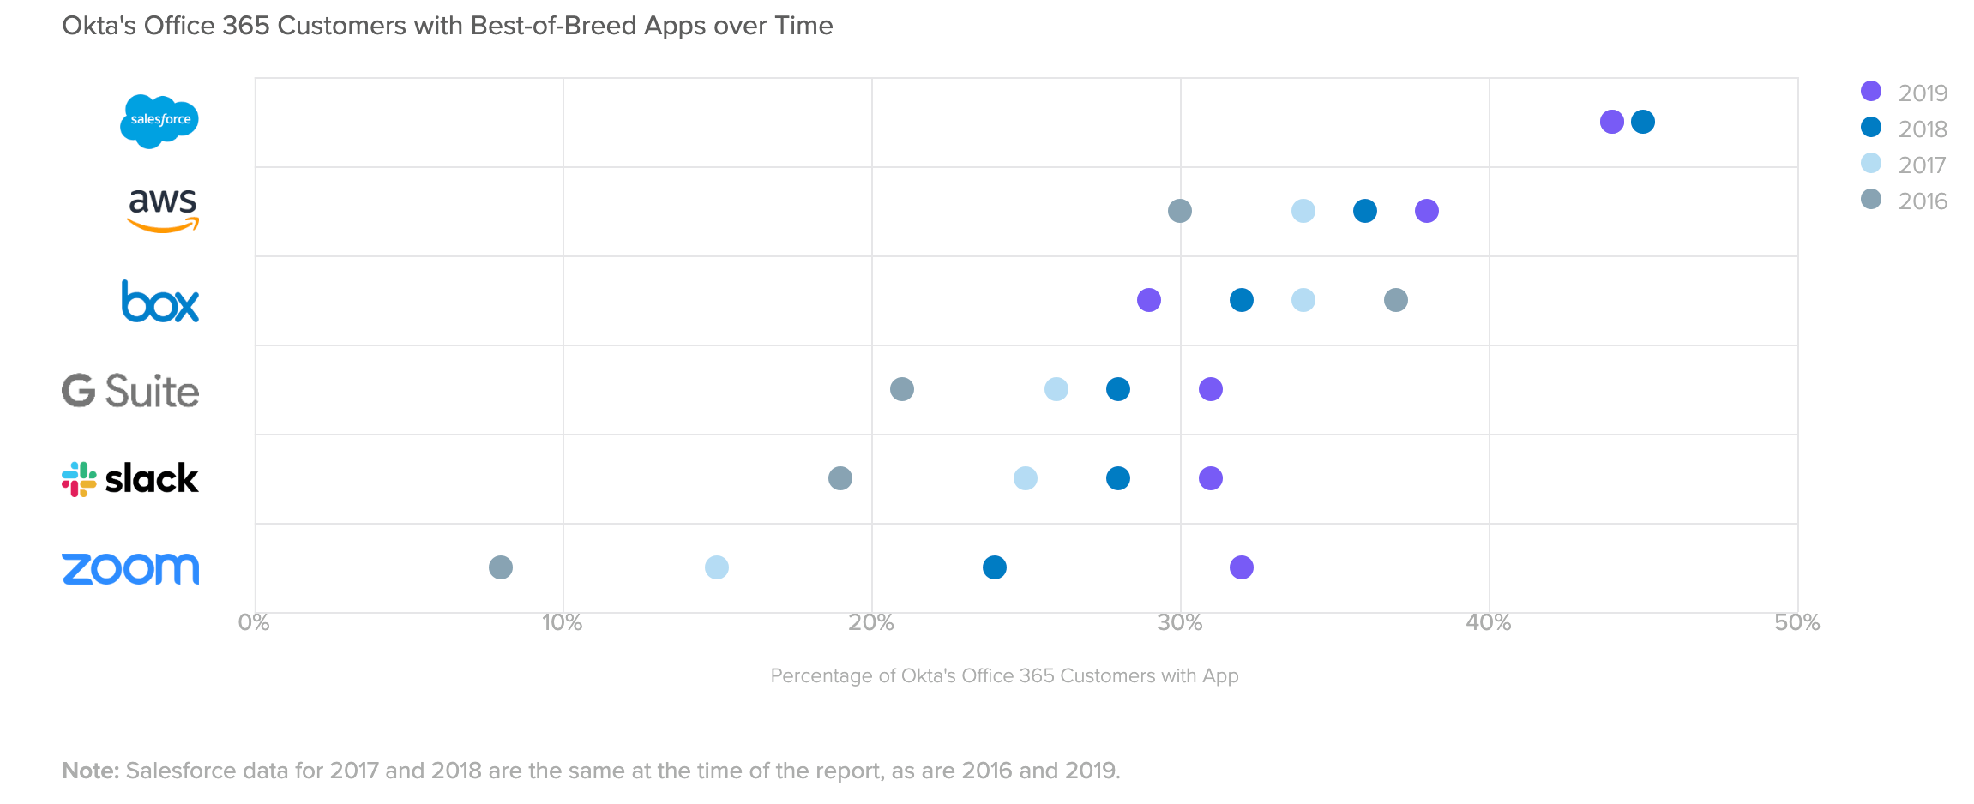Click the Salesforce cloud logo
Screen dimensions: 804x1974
(159, 121)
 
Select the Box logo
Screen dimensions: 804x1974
(160, 301)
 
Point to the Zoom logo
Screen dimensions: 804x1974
(130, 568)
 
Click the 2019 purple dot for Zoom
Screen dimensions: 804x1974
(1241, 567)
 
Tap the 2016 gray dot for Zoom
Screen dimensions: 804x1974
(501, 567)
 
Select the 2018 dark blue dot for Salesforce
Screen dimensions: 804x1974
(1643, 122)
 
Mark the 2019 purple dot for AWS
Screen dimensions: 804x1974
(1427, 211)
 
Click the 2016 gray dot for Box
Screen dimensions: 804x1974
(1396, 300)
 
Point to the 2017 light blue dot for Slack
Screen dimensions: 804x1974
(1026, 478)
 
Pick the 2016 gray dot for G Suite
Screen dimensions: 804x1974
(902, 389)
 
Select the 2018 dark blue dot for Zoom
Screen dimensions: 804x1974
(995, 567)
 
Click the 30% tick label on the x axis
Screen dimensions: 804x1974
(1180, 623)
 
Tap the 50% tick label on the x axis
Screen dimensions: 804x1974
(1797, 623)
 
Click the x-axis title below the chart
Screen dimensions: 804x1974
(1004, 676)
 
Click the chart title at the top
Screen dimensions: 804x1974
(448, 26)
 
